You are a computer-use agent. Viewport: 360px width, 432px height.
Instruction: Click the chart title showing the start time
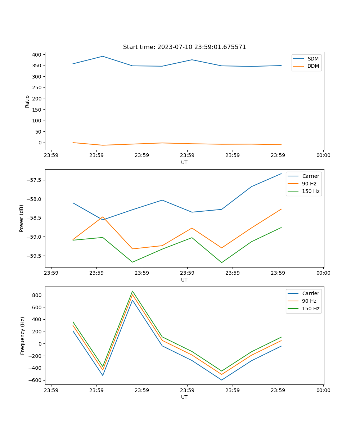point(184,47)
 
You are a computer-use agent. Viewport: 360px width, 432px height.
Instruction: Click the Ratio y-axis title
point(27,101)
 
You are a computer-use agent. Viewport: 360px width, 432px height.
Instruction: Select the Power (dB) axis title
point(22,218)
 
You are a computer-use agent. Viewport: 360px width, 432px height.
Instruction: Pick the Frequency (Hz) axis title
point(22,336)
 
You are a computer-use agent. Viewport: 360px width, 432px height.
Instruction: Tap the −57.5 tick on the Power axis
point(33,180)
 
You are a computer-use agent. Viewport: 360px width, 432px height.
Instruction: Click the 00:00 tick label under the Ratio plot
point(323,156)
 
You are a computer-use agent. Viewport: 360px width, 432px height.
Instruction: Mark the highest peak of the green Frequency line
point(132,291)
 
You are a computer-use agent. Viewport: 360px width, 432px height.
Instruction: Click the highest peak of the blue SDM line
point(103,56)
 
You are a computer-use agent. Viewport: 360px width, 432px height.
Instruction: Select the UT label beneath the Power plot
point(184,280)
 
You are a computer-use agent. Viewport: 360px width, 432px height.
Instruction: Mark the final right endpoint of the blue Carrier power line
point(281,174)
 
